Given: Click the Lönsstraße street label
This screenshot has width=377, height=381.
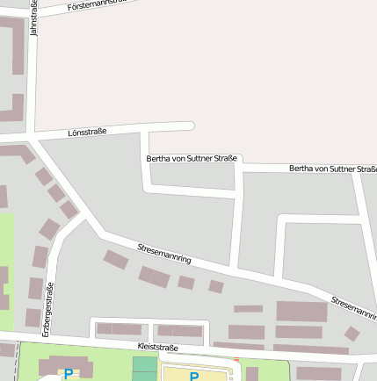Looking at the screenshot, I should pyautogui.click(x=87, y=132).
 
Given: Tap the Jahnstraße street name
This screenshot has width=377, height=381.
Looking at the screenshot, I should pyautogui.click(x=33, y=18).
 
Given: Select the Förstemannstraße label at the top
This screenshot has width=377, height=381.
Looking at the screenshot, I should pyautogui.click(x=97, y=4).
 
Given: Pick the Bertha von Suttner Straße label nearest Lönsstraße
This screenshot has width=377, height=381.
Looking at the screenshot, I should pyautogui.click(x=192, y=159).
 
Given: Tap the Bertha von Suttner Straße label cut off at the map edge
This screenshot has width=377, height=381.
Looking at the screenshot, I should pyautogui.click(x=332, y=168).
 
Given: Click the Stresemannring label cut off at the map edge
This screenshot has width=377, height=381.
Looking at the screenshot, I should pyautogui.click(x=353, y=308).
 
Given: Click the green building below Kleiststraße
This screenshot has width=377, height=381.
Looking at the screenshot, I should pyautogui.click(x=144, y=369).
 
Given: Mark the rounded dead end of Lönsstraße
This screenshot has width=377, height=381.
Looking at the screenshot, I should pyautogui.click(x=189, y=126).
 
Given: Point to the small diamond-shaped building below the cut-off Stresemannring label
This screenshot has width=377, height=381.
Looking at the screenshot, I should pyautogui.click(x=352, y=334).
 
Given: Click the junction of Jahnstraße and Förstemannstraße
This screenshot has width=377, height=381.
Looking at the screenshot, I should pyautogui.click(x=33, y=11).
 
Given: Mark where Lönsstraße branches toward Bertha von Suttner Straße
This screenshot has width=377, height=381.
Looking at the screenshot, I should pyautogui.click(x=145, y=132).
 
